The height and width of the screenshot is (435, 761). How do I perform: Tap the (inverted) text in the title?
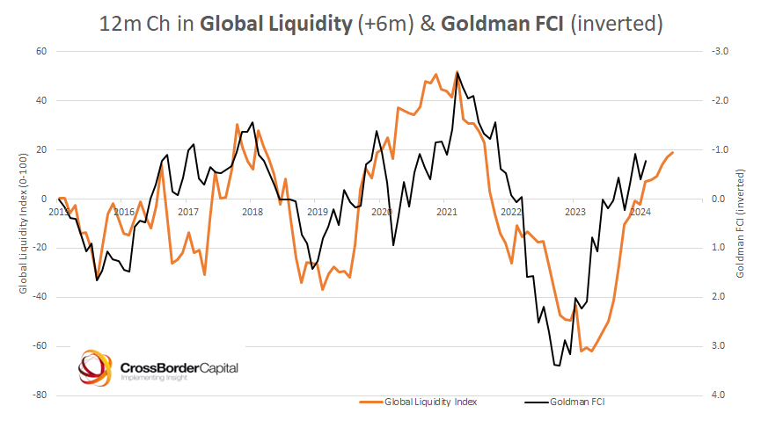coord(614,24)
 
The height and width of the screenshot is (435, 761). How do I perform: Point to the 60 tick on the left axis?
coord(40,51)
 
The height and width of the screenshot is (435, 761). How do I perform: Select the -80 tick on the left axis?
coord(39,395)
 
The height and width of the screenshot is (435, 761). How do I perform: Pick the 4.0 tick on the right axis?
coord(717,395)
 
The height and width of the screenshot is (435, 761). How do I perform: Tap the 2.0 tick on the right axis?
coord(717,297)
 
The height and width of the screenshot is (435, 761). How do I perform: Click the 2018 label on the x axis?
coord(252,211)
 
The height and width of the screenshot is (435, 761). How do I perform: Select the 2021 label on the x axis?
coord(446,211)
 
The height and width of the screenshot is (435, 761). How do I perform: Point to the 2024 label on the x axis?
coord(640,211)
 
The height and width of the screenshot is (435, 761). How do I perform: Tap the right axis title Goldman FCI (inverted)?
coord(741,223)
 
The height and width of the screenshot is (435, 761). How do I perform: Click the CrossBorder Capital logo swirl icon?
coord(95,368)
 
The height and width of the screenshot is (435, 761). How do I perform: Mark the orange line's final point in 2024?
coord(673,153)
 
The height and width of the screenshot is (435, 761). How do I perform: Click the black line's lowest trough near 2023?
coord(557,365)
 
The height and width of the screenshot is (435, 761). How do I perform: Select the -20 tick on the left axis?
coord(39,248)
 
